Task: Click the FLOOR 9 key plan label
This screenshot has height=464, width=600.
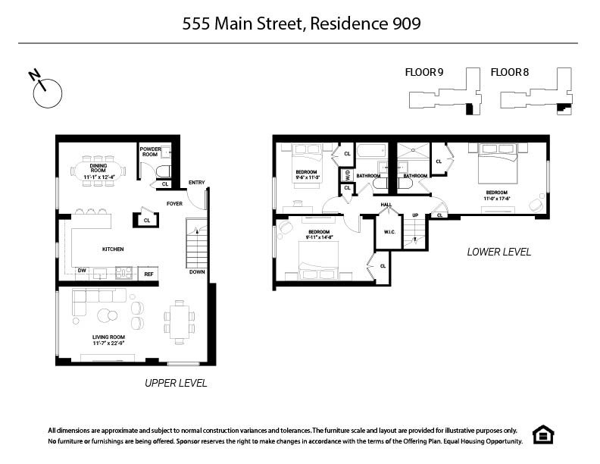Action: point(424,73)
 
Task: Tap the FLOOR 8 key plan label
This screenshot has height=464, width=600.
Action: point(510,73)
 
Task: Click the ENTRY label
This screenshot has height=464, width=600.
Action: point(197,183)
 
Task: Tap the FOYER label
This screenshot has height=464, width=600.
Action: point(174,203)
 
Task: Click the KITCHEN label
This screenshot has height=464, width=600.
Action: point(113,249)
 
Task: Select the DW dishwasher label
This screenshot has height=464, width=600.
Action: point(80,269)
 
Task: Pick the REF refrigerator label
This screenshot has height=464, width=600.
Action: point(149,274)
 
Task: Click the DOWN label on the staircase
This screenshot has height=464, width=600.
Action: point(197,271)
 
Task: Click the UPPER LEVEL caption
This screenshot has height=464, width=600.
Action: point(176,384)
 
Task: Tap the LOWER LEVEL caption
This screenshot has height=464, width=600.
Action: point(498,252)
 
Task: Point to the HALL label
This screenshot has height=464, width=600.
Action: point(386,204)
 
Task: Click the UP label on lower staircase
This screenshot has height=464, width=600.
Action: point(414,215)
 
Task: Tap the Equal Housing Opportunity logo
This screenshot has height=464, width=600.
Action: point(543,434)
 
